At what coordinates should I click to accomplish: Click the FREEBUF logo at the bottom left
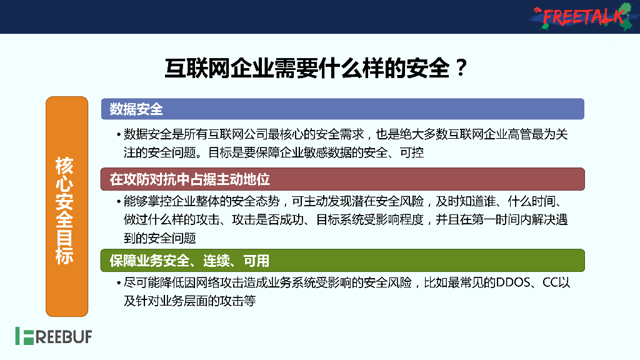pos(53,336)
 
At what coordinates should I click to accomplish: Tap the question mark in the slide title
pos(461,67)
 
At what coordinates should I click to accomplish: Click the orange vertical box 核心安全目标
pos(67,206)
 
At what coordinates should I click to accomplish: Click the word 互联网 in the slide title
pos(192,67)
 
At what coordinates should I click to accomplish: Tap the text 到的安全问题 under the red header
pos(160,238)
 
